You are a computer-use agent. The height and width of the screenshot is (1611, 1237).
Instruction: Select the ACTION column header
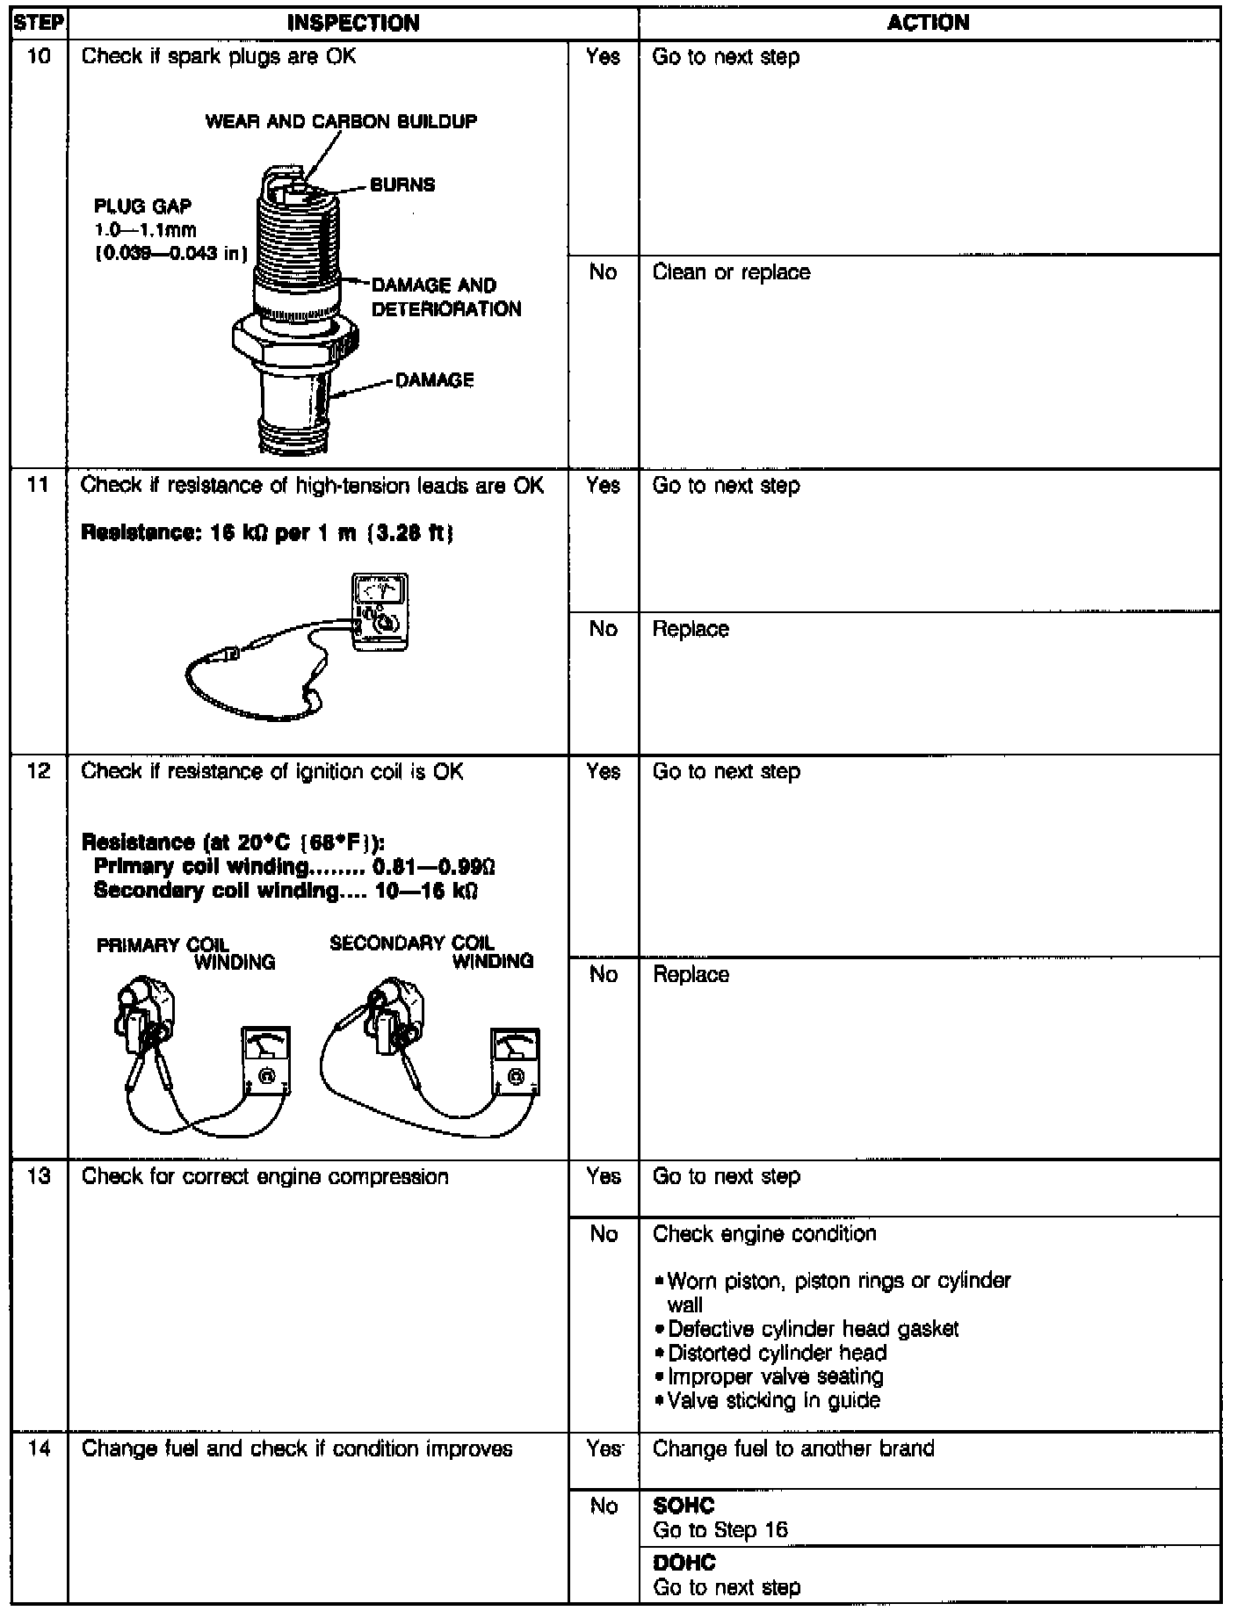pos(929,23)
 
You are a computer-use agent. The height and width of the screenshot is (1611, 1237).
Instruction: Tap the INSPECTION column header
pos(353,23)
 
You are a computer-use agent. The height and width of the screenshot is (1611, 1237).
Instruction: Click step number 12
pos(38,771)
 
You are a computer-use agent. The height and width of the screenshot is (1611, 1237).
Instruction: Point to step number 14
pos(38,1448)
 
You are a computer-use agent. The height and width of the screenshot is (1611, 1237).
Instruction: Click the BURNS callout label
pos(401,185)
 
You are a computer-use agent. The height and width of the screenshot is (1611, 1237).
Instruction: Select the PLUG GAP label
pos(142,206)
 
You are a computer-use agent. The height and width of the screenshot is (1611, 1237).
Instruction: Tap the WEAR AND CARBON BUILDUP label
pos(341,121)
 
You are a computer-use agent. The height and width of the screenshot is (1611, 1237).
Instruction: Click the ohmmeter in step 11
pos(380,611)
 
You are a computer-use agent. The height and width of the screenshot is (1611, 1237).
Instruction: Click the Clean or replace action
pos(731,272)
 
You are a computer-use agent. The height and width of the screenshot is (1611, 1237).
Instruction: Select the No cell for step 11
pos(603,629)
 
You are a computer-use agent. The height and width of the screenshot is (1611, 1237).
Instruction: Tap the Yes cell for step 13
pos(603,1176)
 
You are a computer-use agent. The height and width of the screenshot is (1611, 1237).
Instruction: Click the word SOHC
pos(684,1506)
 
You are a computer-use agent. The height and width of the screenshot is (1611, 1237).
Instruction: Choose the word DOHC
pos(684,1563)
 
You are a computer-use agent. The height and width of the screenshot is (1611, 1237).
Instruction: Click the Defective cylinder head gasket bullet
pos(812,1329)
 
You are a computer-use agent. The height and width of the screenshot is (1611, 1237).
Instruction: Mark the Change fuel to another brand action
pos(793,1448)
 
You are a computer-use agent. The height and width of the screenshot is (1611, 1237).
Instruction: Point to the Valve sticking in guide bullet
pos(772,1400)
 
